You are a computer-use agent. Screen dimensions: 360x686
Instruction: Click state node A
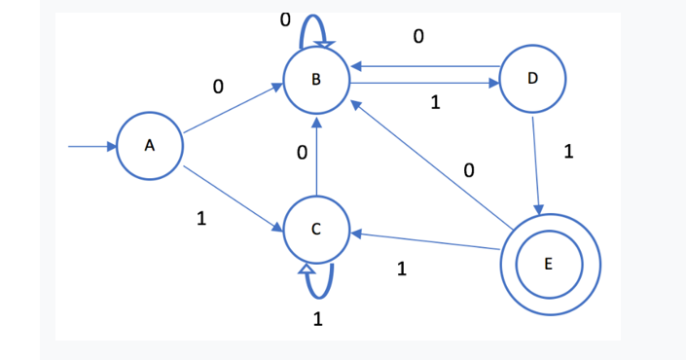tap(150, 146)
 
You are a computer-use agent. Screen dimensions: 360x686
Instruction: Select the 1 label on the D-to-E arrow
tap(569, 152)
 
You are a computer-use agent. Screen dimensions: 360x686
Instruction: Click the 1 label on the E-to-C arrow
tap(402, 270)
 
